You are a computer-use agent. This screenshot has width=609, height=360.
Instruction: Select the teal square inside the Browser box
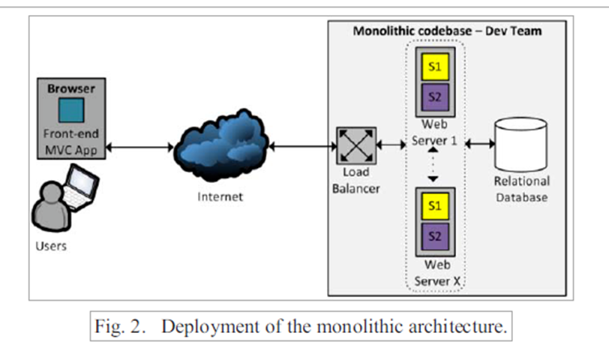click(x=71, y=112)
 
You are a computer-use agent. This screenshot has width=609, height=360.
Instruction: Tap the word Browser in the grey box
click(x=71, y=88)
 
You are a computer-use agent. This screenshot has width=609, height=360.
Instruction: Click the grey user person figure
click(x=49, y=209)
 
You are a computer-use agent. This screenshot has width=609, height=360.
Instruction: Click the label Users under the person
click(x=50, y=246)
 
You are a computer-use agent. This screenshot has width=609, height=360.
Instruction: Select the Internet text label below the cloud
click(x=220, y=197)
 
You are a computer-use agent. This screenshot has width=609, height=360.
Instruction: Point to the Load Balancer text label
click(x=355, y=181)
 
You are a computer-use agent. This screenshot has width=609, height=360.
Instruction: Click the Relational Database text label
click(x=521, y=189)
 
